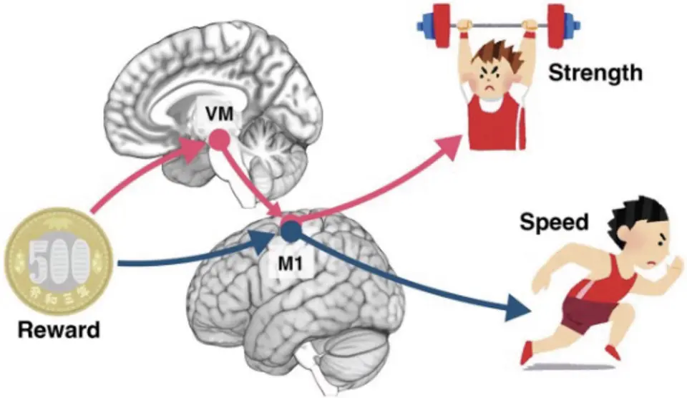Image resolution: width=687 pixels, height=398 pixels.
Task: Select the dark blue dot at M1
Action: pyautogui.click(x=291, y=230)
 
